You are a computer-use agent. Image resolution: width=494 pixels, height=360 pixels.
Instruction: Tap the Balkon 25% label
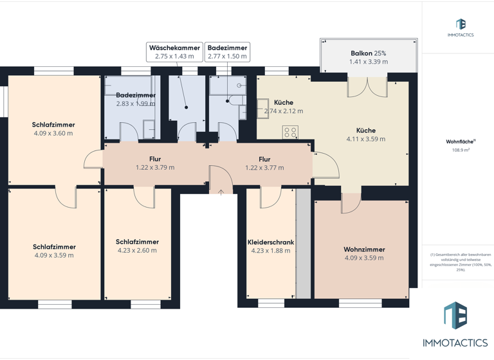[369, 53]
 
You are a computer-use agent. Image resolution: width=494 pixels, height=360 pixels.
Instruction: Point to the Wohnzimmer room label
[364, 249]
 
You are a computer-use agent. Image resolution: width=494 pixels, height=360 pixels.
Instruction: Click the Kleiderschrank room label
[271, 242]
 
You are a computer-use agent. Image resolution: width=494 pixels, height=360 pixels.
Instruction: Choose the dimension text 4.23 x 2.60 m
[137, 251]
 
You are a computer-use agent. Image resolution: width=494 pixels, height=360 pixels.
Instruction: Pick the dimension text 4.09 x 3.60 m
[53, 134]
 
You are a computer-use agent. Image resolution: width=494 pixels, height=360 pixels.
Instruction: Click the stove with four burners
[290, 132]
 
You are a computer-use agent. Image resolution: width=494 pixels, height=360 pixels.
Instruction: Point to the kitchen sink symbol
[263, 105]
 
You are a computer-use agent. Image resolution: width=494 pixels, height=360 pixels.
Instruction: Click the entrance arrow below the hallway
[221, 191]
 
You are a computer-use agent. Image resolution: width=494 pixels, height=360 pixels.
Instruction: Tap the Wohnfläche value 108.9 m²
[461, 150]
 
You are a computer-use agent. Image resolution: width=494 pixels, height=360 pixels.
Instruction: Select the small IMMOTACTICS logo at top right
[461, 28]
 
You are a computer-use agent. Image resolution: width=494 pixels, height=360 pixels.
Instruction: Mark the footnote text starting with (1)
[458, 262]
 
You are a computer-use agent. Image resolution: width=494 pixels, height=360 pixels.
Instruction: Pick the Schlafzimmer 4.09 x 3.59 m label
[54, 251]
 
